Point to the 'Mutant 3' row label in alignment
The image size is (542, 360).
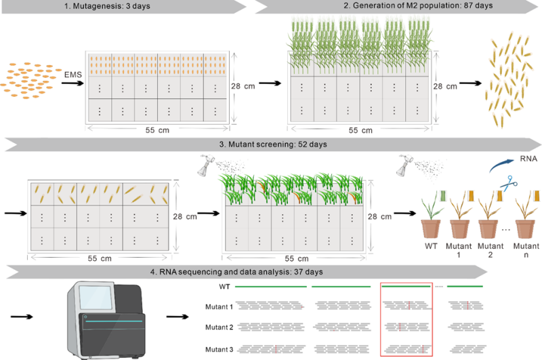[x=220, y=349]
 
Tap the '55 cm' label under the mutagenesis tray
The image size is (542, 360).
[x=159, y=129]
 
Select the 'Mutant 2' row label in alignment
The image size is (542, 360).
[x=220, y=327]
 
